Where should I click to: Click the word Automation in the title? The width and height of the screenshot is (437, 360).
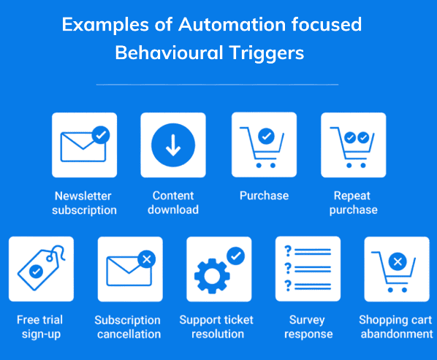(232, 25)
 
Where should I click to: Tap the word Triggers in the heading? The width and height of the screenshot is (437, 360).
(267, 53)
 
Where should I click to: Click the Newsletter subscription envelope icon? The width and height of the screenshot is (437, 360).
(83, 147)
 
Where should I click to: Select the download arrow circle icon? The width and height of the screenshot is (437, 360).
(173, 145)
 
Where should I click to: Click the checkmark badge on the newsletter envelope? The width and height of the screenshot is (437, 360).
(101, 135)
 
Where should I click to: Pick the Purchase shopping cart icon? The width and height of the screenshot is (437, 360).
(262, 147)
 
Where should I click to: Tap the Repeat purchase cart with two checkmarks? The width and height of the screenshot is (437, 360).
(352, 147)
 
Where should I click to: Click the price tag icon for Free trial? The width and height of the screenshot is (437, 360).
(41, 268)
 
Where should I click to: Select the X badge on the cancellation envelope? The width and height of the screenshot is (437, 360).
(147, 259)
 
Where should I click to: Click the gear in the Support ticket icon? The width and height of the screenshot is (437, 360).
(212, 275)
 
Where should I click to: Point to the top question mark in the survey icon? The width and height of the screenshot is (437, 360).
(288, 251)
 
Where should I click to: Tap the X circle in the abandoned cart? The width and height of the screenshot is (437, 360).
(398, 261)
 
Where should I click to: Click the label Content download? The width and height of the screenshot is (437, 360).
(173, 203)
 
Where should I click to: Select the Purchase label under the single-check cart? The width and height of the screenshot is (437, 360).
(265, 196)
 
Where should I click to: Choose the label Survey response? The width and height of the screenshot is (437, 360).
(308, 327)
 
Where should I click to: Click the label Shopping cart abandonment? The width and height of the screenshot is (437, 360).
(396, 327)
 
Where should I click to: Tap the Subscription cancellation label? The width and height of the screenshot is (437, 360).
(128, 327)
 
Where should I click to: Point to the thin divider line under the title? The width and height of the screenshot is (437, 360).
(217, 85)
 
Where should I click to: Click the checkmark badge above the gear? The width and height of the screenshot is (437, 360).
(236, 256)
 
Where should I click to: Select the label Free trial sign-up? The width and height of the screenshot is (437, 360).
(40, 327)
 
